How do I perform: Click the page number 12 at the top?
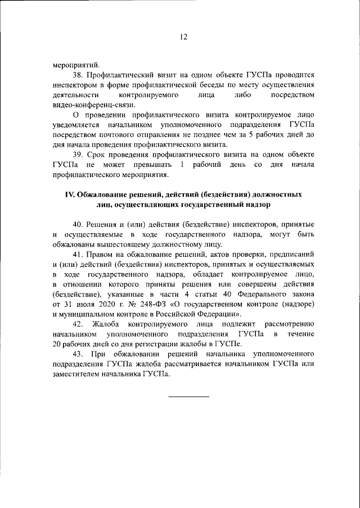183,37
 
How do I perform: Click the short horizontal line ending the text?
188,397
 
